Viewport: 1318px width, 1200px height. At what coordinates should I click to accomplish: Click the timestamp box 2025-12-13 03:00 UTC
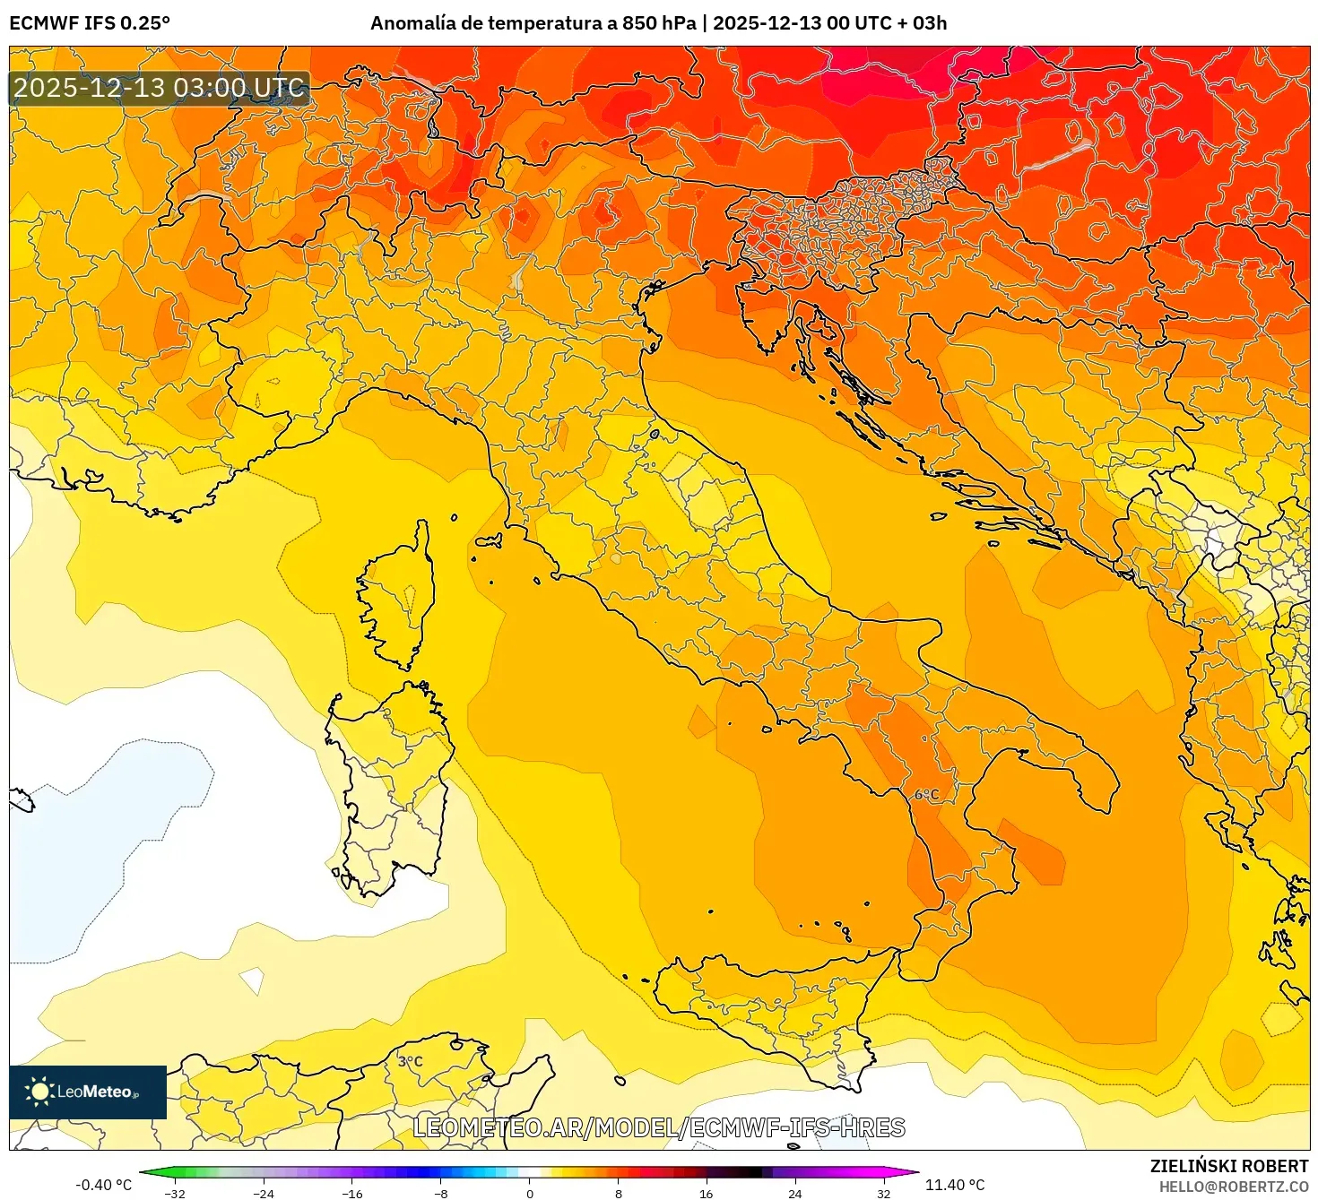coord(159,88)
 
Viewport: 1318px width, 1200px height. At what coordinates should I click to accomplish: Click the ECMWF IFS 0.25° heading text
coord(89,23)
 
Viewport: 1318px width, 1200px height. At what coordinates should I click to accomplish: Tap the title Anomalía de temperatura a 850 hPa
coord(533,23)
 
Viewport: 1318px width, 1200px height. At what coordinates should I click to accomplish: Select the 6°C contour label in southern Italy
coord(926,795)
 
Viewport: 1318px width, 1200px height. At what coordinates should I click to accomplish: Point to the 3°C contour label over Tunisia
coord(410,1061)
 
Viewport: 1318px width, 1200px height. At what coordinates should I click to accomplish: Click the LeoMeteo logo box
coord(88,1092)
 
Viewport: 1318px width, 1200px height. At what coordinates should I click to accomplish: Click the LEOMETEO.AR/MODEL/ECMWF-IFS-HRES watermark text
coord(659,1127)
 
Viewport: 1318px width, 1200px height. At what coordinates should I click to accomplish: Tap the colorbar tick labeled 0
coord(530,1193)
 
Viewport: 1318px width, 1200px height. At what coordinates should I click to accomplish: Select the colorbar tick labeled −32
coord(175,1193)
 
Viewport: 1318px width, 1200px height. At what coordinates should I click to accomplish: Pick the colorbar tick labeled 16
coord(707,1193)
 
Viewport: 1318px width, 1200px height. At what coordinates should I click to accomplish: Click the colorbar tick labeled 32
coord(883,1193)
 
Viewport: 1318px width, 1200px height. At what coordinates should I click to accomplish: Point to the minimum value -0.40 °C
coord(103,1185)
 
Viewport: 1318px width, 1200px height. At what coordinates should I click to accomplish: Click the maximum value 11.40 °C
coord(955,1185)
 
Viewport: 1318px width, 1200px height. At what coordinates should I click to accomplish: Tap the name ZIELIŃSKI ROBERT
coord(1229,1166)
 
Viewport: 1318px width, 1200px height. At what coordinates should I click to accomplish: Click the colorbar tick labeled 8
coord(619,1193)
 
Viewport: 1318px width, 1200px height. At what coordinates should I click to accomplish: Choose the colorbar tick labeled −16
coord(352,1193)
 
